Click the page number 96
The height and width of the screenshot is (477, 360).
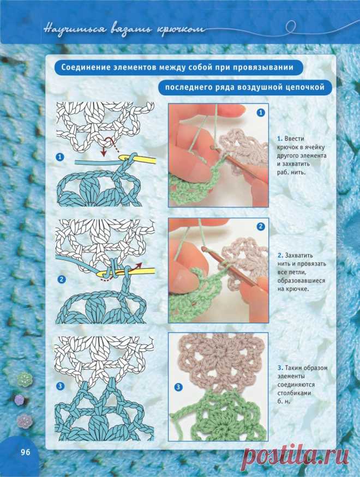(26, 452)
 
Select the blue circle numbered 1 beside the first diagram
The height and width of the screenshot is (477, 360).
(60, 157)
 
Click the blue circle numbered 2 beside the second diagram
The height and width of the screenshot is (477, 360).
(62, 279)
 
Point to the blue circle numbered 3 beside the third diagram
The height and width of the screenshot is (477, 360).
(61, 387)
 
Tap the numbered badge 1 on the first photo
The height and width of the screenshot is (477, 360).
(261, 113)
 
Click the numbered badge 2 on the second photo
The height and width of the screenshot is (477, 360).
(261, 227)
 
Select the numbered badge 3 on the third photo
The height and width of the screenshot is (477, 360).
(178, 387)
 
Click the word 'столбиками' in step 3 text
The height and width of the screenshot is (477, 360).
(294, 393)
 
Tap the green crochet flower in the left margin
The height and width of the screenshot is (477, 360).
(25, 379)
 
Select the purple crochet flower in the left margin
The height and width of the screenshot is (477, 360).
(19, 399)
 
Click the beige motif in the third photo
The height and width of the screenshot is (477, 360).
(220, 362)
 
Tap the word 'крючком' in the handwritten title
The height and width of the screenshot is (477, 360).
(181, 30)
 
